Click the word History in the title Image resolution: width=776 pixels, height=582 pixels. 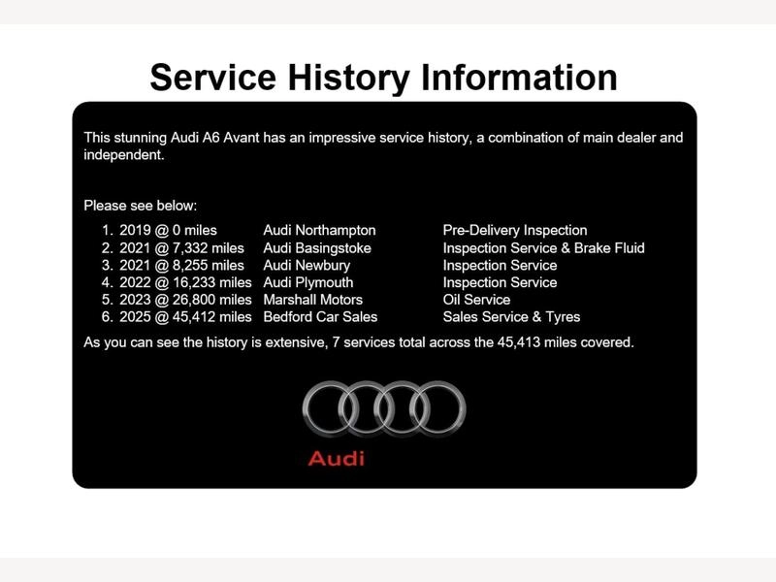point(349,79)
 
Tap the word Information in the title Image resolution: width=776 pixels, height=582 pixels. point(519,78)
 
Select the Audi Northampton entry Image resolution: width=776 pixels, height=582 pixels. point(319,230)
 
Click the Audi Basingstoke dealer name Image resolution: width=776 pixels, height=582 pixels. point(317,248)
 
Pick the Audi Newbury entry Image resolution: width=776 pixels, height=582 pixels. point(307,265)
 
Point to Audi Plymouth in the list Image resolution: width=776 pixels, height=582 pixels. point(308,282)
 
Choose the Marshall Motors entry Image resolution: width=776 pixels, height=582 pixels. point(312,300)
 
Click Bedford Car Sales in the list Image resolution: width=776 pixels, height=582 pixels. point(320,317)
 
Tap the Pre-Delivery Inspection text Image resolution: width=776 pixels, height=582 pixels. point(515,230)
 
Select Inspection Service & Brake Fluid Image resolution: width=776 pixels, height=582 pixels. point(544,248)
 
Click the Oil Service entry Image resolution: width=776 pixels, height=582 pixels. point(476,300)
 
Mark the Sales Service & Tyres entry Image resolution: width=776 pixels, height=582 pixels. point(511,317)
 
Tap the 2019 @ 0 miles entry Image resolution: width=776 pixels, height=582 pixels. point(168,230)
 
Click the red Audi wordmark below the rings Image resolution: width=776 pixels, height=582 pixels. point(337,459)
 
